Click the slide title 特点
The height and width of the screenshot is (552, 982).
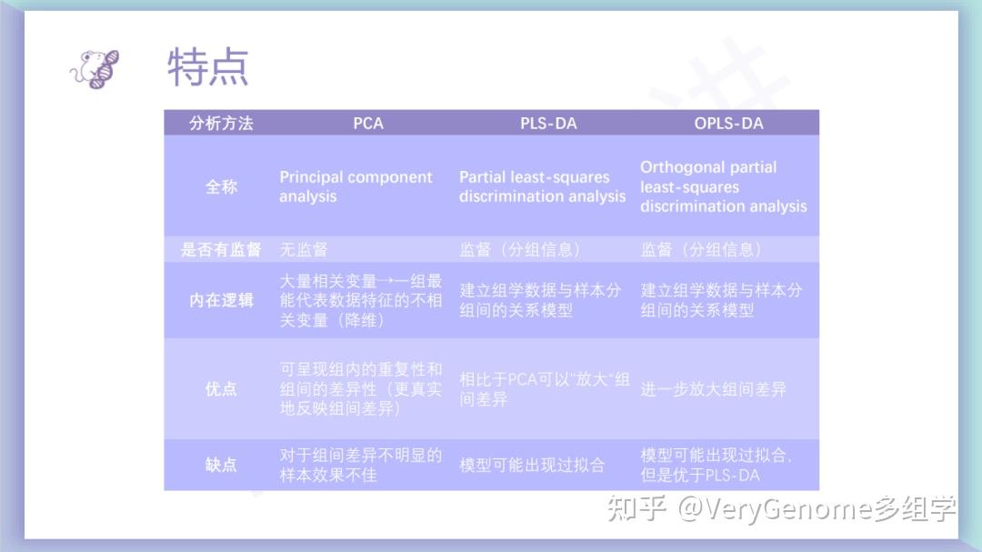tap(208, 67)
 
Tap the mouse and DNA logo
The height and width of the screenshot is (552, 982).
tap(95, 67)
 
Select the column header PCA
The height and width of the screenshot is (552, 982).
tap(368, 123)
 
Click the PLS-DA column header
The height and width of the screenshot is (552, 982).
tap(548, 123)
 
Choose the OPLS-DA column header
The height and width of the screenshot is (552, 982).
tap(728, 123)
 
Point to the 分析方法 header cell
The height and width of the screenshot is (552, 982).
tap(221, 123)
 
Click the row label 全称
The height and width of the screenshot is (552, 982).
tap(221, 186)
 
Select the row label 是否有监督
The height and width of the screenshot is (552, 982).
tap(221, 249)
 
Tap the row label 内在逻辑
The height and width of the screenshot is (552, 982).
tap(221, 300)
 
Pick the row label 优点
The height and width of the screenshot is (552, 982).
tap(221, 389)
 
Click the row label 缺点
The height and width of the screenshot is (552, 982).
tap(221, 465)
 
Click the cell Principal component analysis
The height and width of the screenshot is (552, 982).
tap(356, 186)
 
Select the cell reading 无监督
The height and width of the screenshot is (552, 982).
tap(304, 249)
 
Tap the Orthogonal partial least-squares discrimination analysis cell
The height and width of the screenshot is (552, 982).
tap(723, 186)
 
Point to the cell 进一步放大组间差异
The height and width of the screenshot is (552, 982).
tap(713, 389)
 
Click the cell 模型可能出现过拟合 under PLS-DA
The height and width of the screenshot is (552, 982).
tap(532, 465)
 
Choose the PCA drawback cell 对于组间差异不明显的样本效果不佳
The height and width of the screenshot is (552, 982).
tap(360, 465)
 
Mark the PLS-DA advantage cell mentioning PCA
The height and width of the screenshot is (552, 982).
tap(544, 389)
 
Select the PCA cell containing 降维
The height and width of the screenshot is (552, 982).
tap(360, 300)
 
